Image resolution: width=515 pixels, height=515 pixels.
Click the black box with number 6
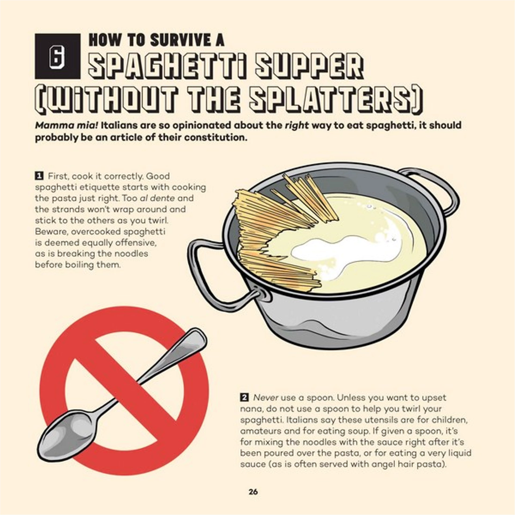[x=57, y=56]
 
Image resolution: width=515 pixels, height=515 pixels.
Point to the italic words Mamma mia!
[x=66, y=125]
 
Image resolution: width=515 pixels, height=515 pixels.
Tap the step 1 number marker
[x=39, y=176]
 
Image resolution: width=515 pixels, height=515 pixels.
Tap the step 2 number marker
[x=244, y=397]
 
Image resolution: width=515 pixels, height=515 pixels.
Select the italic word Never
[x=266, y=398]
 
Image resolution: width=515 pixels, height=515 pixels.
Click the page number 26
[x=253, y=492]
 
